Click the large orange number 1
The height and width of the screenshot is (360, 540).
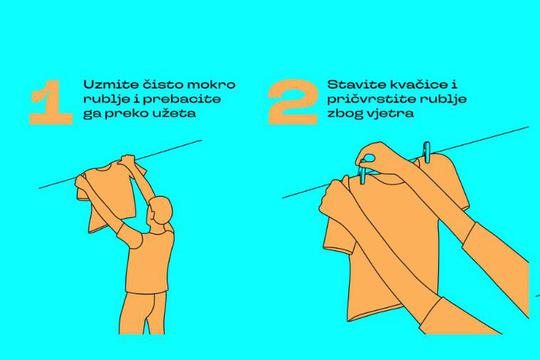[x=52, y=102]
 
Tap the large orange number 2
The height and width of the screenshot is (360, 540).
[x=293, y=102]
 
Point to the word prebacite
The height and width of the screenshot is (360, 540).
[x=181, y=100]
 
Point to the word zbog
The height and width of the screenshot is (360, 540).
[x=345, y=114]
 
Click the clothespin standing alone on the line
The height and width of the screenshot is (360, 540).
[x=426, y=152]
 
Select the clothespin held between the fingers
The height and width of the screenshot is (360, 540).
[x=364, y=171]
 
